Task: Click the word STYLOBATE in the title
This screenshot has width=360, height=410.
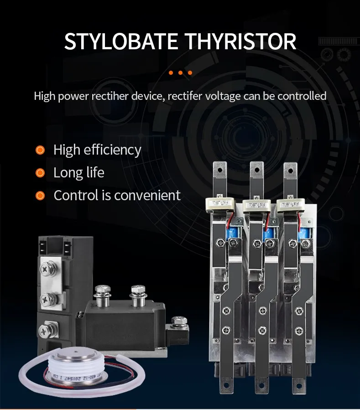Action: coord(121,41)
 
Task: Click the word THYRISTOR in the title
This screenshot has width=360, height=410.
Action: coord(240,41)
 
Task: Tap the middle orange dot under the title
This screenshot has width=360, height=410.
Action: coord(180,73)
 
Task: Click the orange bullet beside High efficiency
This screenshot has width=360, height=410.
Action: coord(40,150)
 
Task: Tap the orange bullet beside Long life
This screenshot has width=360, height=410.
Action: coord(40,173)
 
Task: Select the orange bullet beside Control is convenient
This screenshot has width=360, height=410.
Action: coord(40,196)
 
